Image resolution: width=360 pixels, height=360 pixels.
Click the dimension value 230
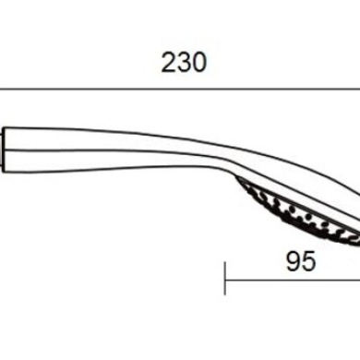click(184, 62)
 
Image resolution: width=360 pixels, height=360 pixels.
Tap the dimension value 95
click(301, 236)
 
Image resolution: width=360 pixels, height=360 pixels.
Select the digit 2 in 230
click(169, 62)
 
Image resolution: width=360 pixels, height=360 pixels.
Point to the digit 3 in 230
click(184, 62)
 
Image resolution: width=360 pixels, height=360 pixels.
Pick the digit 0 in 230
click(198, 62)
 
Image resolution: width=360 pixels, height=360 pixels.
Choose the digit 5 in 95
click(308, 236)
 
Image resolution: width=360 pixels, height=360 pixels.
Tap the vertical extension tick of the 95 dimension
click(225, 253)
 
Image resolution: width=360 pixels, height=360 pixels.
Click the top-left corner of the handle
click(8, 126)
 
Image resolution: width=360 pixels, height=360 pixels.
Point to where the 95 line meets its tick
click(225, 253)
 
